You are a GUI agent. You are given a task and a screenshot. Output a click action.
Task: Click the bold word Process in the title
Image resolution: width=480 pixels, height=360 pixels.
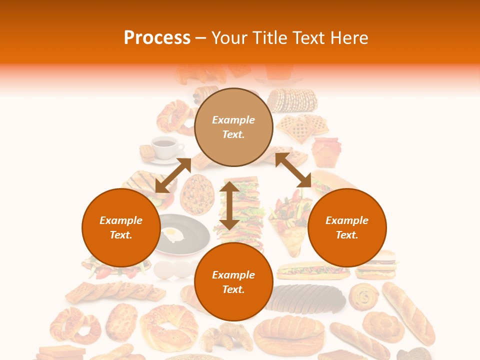point(157,38)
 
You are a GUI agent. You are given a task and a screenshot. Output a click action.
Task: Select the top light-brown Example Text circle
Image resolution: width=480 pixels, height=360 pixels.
point(233,127)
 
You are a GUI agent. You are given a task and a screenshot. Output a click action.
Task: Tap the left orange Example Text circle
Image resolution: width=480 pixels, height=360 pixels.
point(121,227)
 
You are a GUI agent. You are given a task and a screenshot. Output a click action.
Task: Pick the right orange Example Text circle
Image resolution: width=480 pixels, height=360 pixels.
point(347,227)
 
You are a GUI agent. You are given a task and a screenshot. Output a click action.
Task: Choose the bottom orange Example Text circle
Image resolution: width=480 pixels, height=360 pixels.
point(233,282)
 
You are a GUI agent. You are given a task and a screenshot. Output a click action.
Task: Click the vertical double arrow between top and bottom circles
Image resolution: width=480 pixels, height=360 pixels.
point(229,206)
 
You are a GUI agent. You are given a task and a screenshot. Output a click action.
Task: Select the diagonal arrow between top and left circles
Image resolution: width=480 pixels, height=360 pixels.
point(173,175)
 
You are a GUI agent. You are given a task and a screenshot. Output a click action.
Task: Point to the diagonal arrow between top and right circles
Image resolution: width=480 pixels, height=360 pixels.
point(293,170)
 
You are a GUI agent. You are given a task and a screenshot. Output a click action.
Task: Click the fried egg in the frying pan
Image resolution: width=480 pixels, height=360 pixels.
point(172,234)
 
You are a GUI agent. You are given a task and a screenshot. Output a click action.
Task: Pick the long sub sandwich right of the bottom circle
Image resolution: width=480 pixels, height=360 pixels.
point(313,270)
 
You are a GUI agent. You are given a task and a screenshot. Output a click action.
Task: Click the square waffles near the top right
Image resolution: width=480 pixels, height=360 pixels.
point(301,128)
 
